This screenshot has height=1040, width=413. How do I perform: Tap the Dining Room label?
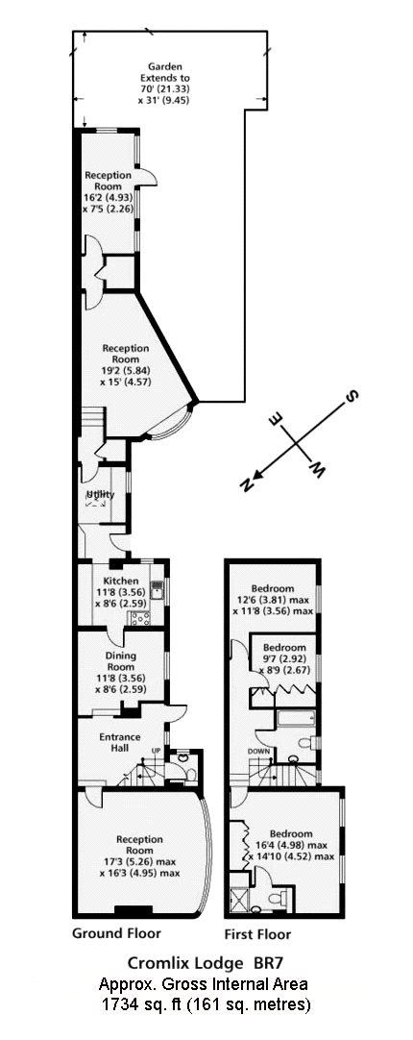point(121,661)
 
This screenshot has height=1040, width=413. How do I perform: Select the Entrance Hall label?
point(120,742)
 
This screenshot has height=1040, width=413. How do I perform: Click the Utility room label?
point(101,495)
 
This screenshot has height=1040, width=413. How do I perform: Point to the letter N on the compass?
point(248,484)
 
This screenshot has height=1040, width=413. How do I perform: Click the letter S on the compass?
point(352,397)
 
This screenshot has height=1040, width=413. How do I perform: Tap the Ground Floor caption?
point(116,933)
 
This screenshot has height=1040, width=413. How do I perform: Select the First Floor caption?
point(257,934)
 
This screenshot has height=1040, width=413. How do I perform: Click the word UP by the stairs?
point(157,750)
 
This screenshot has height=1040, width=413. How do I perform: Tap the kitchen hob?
point(141,618)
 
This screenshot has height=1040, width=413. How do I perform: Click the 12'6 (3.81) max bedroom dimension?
point(273,600)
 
